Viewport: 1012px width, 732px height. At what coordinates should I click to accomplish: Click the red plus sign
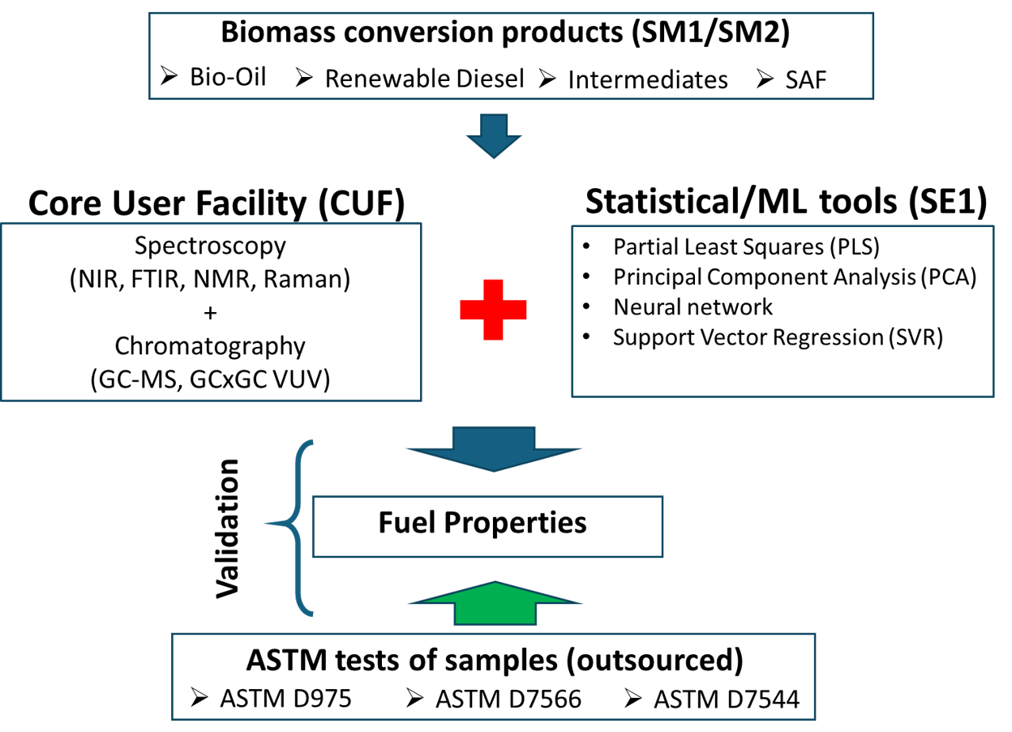pyautogui.click(x=493, y=310)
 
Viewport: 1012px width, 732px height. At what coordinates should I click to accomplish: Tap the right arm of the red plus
pyautogui.click(x=517, y=310)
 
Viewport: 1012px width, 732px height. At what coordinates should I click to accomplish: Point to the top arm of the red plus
pyautogui.click(x=493, y=289)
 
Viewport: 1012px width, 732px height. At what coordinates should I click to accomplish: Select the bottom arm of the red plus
pyautogui.click(x=493, y=331)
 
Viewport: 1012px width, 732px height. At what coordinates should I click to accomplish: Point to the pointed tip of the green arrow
pyautogui.click(x=495, y=584)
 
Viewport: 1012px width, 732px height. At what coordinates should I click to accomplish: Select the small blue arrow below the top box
pyautogui.click(x=494, y=135)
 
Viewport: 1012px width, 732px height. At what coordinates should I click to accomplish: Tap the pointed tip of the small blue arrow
pyautogui.click(x=494, y=156)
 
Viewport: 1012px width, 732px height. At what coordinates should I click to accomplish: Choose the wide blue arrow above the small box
pyautogui.click(x=494, y=447)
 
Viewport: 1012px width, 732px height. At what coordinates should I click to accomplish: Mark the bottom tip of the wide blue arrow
pyautogui.click(x=494, y=469)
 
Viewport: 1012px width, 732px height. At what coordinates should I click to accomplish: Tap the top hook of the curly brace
pyautogui.click(x=309, y=443)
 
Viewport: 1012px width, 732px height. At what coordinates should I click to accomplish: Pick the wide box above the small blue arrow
pyautogui.click(x=511, y=56)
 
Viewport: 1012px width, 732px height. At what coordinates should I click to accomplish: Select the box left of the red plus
pyautogui.click(x=211, y=312)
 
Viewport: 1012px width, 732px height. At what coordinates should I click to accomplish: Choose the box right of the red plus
pyautogui.click(x=783, y=311)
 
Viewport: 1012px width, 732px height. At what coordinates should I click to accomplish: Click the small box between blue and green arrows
pyautogui.click(x=487, y=527)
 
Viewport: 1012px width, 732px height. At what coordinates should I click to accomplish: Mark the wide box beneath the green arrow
pyautogui.click(x=493, y=676)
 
